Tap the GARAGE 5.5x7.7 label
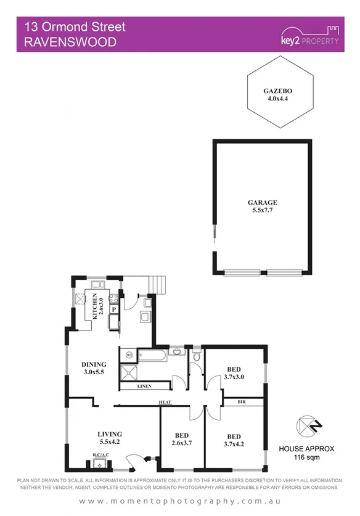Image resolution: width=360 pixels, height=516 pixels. (x=262, y=206)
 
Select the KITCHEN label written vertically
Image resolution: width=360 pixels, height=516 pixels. (x=96, y=305)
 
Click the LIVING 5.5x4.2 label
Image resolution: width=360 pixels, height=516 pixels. (x=110, y=438)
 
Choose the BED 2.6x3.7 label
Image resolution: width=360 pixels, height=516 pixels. (x=182, y=438)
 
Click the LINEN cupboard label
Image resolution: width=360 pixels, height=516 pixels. (x=145, y=387)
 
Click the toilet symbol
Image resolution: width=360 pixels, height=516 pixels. (x=197, y=355)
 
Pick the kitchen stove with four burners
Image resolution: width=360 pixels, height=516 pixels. (x=113, y=299)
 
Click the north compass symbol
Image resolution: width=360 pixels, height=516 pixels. (x=306, y=425)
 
